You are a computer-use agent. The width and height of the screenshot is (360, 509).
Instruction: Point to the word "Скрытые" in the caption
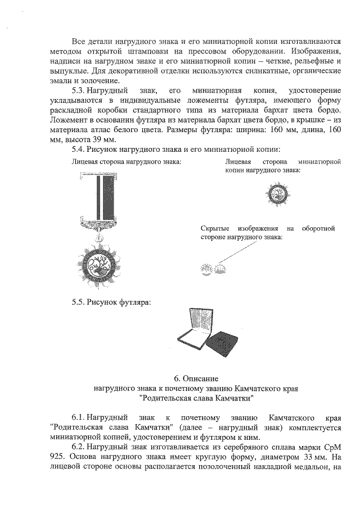(x=215, y=228)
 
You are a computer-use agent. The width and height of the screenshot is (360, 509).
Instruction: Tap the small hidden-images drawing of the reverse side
(x=207, y=271)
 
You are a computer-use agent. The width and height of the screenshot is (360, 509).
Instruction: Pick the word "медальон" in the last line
(x=314, y=467)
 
